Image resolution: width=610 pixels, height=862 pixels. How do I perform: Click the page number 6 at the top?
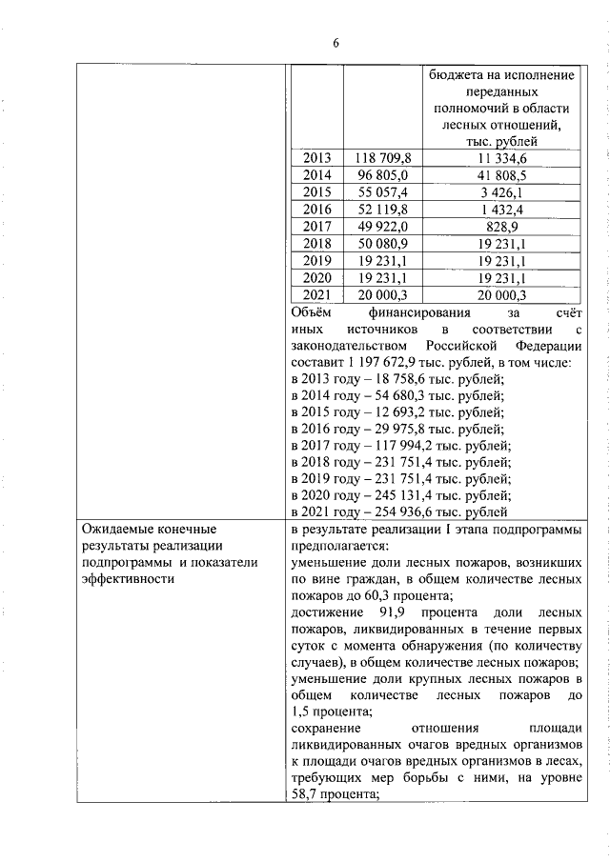[x=335, y=42]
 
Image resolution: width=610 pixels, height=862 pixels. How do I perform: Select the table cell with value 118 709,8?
[x=381, y=158]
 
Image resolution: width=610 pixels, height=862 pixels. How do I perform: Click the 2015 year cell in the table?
[x=316, y=192]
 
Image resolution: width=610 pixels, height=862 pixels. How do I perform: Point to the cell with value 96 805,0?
[x=381, y=175]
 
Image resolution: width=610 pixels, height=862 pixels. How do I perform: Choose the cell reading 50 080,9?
[x=381, y=244]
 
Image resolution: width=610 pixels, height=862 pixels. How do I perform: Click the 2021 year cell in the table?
[x=316, y=295]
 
